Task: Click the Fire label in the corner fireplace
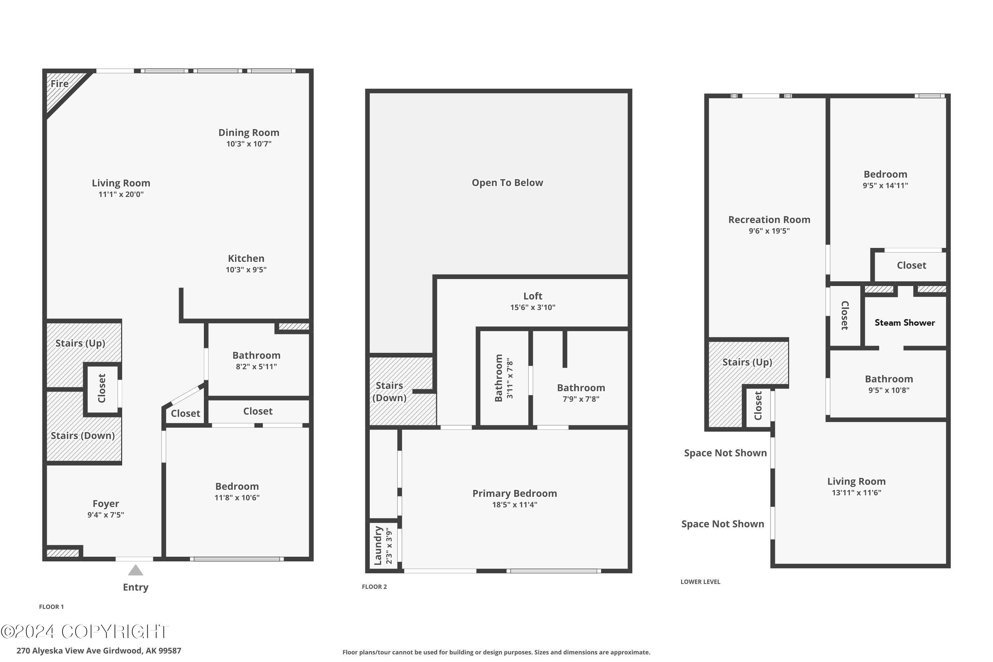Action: pos(60,84)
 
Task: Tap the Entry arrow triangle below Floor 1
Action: pos(135,570)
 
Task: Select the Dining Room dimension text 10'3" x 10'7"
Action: pos(249,144)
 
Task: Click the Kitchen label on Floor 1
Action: pos(246,259)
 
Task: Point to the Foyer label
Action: pos(106,504)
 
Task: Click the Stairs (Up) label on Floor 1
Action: pos(80,343)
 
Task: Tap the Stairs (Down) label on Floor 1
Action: pos(83,436)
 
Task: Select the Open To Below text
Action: pos(507,183)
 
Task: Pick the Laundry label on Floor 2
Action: pos(378,545)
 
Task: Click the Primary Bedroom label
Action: pos(514,494)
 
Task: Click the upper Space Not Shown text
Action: pos(725,453)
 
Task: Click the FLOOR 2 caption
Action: pos(374,587)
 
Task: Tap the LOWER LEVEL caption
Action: pos(700,582)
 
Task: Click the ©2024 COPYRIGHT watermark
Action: pos(84,632)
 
